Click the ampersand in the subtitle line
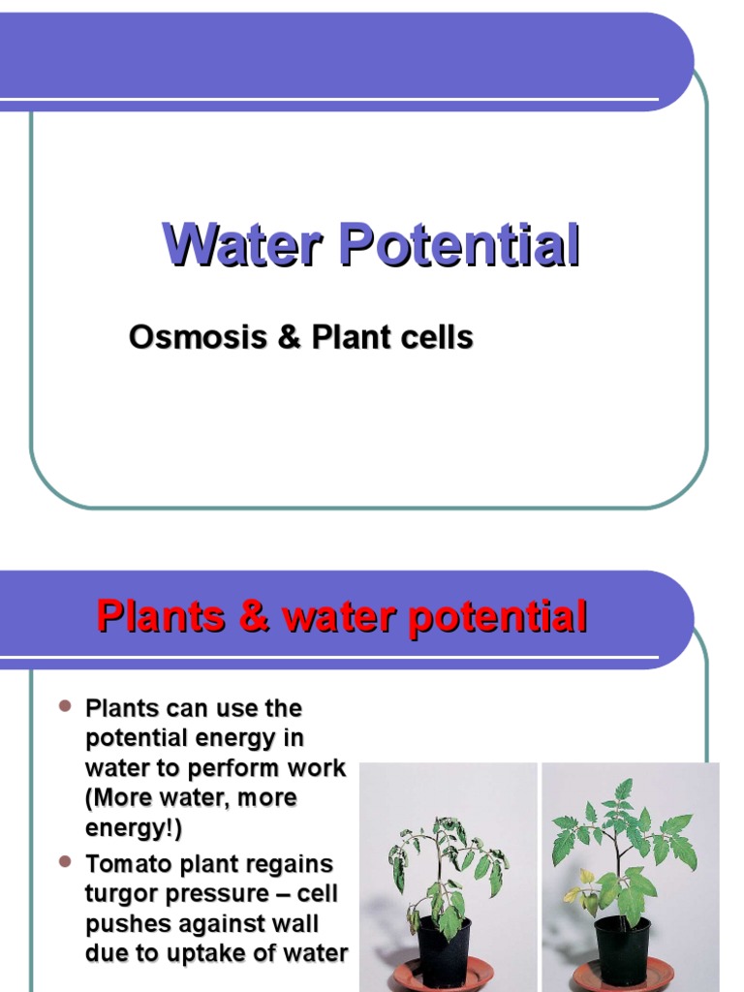click(x=290, y=338)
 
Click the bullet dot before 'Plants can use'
click(x=66, y=707)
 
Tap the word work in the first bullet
click(x=313, y=768)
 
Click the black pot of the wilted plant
click(x=444, y=945)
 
